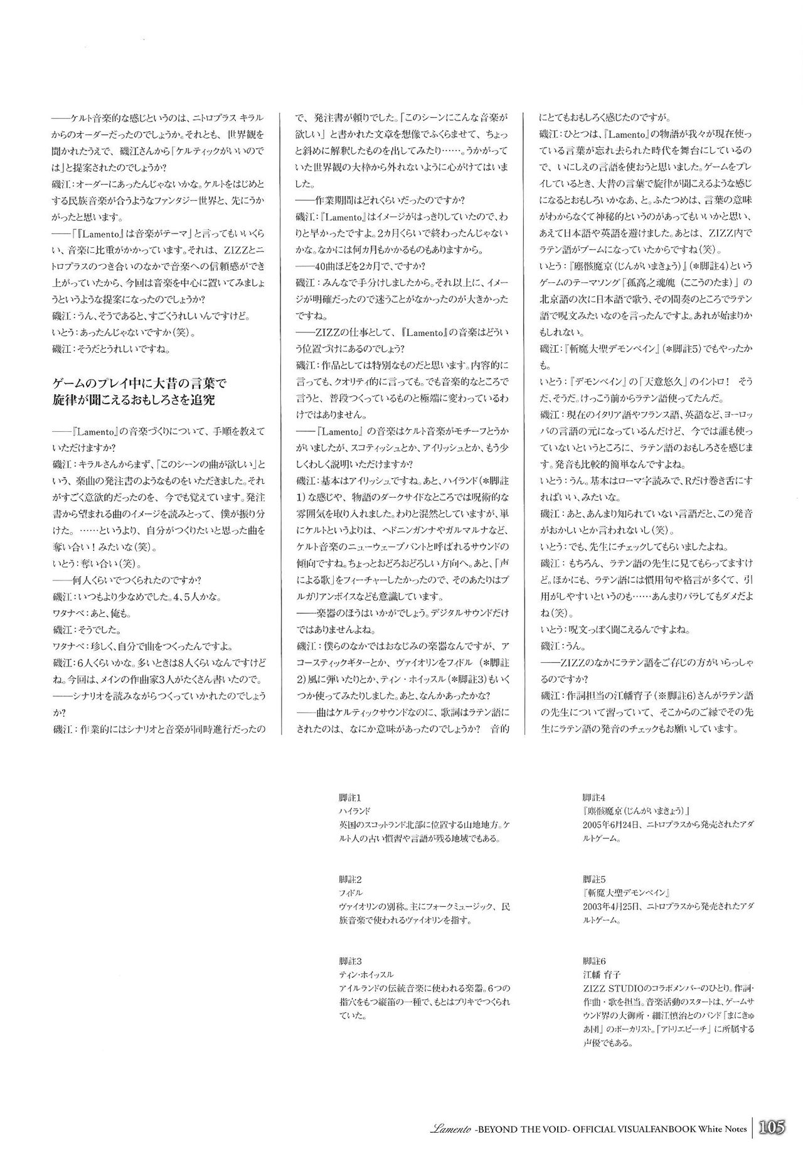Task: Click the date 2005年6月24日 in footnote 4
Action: pos(612,823)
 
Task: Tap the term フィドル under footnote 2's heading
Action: pos(350,893)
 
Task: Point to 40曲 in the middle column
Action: pos(323,264)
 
